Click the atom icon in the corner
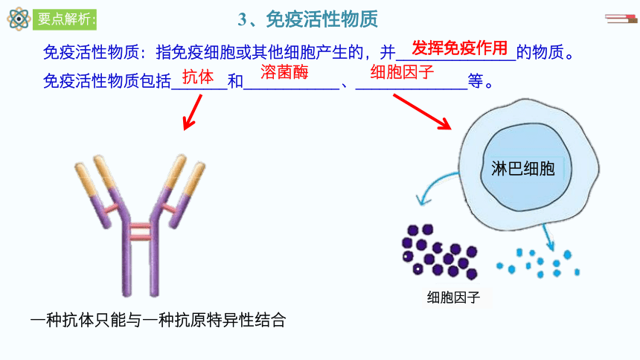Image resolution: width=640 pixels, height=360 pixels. pyautogui.click(x=19, y=19)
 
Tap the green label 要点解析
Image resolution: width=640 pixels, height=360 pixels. pyautogui.click(x=65, y=19)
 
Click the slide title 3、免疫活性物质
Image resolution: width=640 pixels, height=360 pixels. pyautogui.click(x=308, y=19)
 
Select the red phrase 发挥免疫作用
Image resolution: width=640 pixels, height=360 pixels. pyautogui.click(x=460, y=48)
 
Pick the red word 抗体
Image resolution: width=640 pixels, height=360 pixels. pyautogui.click(x=198, y=77)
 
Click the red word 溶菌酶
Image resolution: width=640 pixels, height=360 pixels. pyautogui.click(x=284, y=72)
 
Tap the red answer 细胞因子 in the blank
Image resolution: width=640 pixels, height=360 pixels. pyautogui.click(x=402, y=72)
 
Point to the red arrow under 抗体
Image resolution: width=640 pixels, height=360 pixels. pyautogui.click(x=192, y=112)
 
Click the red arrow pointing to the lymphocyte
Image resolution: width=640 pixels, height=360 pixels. pyautogui.click(x=422, y=112)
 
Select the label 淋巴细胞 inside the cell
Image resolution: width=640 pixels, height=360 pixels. pyautogui.click(x=523, y=169)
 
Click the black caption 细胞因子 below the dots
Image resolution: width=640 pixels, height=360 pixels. pyautogui.click(x=453, y=297)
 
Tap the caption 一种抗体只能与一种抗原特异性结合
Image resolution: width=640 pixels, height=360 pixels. pyautogui.click(x=158, y=320)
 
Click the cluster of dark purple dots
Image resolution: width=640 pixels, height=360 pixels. pyautogui.click(x=439, y=252)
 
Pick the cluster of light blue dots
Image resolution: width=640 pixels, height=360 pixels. pyautogui.click(x=538, y=263)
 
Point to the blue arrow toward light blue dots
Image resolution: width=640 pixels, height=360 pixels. pyautogui.click(x=548, y=237)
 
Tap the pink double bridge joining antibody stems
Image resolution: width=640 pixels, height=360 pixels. pyautogui.click(x=141, y=231)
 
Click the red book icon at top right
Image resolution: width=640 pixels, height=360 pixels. pyautogui.click(x=621, y=19)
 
